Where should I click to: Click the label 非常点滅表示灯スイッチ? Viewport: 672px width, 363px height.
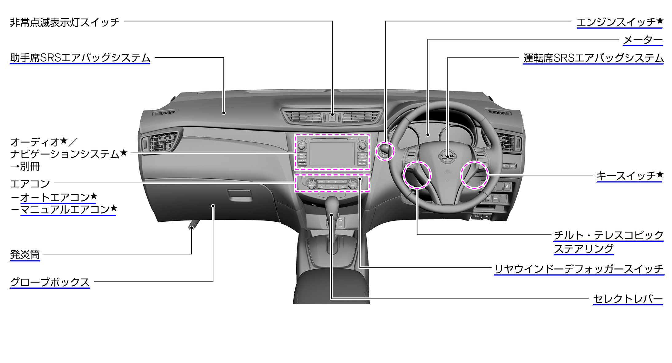65,22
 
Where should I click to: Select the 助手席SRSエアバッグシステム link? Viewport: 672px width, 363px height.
80,58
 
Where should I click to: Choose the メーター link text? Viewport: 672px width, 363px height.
643,40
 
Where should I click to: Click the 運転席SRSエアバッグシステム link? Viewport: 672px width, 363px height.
593,58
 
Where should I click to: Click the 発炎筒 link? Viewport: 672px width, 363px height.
25,255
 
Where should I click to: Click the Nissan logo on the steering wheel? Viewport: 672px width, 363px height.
448,156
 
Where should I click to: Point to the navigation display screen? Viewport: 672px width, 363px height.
332,154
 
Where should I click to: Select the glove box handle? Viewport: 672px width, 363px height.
239,195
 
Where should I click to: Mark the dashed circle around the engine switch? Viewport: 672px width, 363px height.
385,151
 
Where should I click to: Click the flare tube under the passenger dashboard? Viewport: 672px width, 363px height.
194,225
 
